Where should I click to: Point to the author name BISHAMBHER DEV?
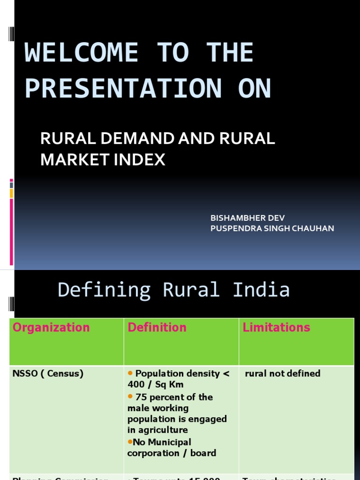coord(247,218)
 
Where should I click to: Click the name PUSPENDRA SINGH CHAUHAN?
coord(272,228)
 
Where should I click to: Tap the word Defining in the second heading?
coord(104,290)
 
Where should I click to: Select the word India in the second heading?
coord(261,290)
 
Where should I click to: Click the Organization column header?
coord(51,327)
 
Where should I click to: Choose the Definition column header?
coord(157,327)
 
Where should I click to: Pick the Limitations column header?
coord(277,327)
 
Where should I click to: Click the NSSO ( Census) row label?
coord(48,374)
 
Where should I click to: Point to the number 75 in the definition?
coord(141,397)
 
